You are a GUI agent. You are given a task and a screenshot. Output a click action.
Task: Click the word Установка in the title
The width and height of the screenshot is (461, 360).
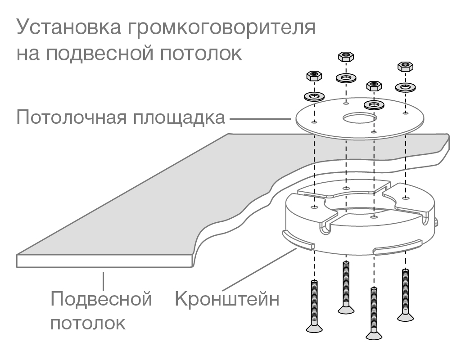pos(66,28)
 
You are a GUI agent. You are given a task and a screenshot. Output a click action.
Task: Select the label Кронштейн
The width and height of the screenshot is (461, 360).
pos(227,299)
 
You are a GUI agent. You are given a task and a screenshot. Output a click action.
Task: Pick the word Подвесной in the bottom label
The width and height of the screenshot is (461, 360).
pos(101,299)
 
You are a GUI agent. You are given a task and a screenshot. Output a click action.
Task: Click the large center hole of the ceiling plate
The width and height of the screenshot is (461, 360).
pos(359,119)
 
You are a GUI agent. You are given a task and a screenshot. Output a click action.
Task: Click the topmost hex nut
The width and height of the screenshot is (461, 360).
pos(345,57)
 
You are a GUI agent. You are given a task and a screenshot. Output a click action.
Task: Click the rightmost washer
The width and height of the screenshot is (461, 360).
pos(406,86)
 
